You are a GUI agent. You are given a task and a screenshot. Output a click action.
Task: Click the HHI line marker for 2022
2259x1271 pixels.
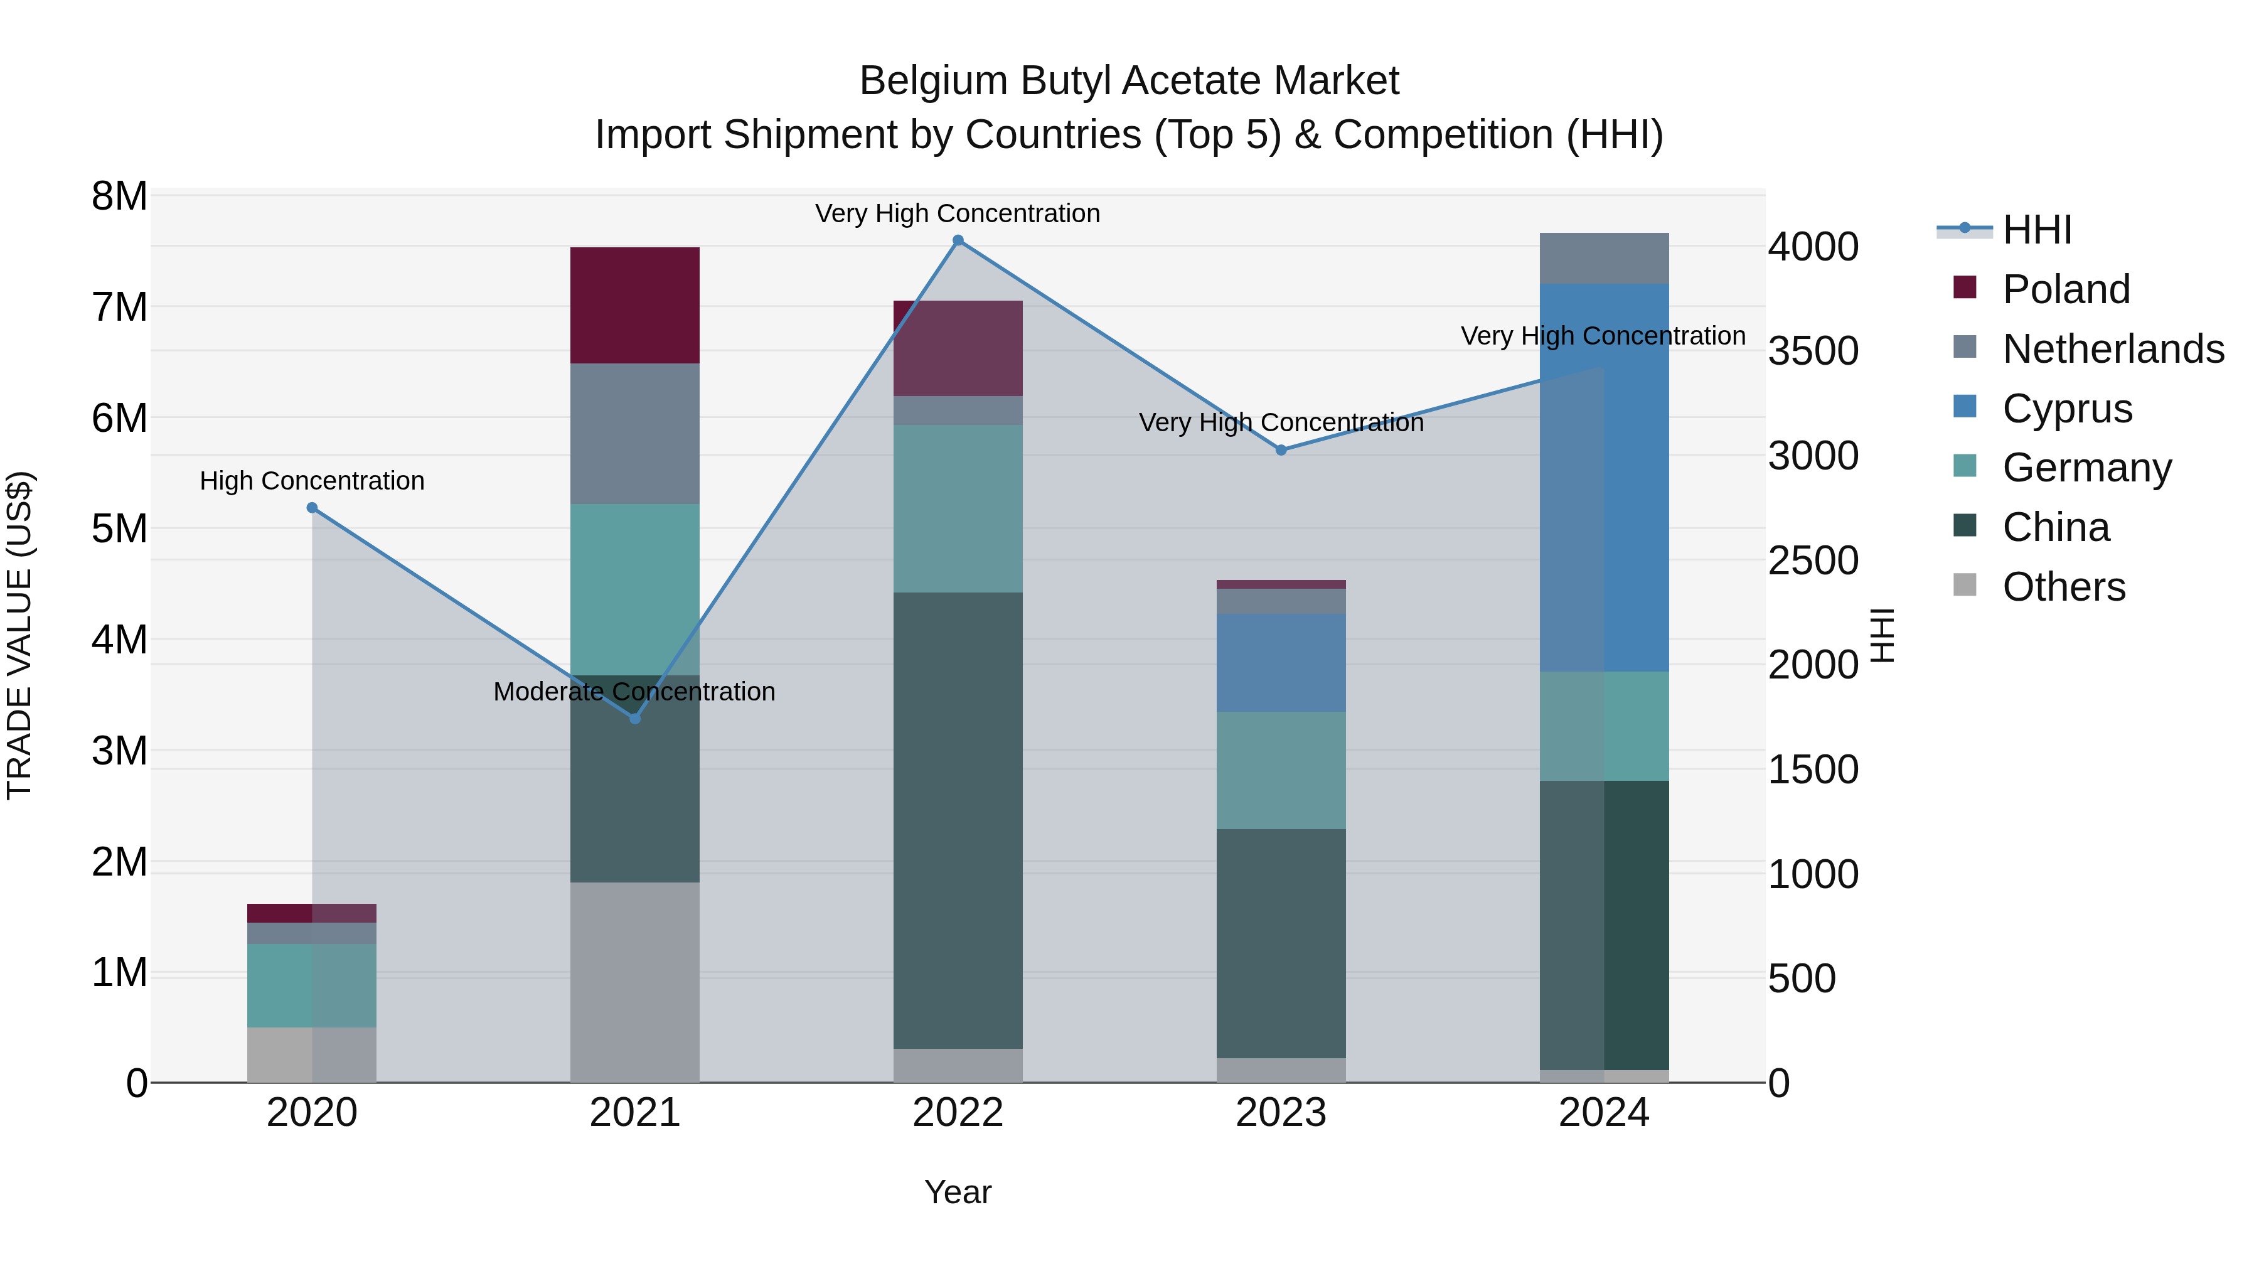[x=958, y=240]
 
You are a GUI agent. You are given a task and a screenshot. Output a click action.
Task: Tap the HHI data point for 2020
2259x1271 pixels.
[x=312, y=508]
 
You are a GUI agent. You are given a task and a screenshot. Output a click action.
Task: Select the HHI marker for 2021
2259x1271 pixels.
[x=635, y=719]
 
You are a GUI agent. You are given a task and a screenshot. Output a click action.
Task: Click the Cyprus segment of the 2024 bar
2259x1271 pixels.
[x=1604, y=478]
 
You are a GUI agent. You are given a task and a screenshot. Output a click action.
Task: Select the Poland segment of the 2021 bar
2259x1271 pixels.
[x=635, y=305]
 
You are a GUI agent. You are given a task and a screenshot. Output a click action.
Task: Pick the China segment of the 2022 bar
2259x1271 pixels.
[x=958, y=820]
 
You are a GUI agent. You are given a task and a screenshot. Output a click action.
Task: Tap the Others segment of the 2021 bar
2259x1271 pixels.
[x=635, y=982]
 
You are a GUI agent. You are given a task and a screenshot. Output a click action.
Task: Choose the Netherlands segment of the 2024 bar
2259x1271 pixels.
[x=1604, y=258]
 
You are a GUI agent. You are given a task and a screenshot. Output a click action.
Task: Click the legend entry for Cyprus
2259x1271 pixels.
[x=2067, y=409]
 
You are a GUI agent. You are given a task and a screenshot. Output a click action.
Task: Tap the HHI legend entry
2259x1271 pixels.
[x=2036, y=230]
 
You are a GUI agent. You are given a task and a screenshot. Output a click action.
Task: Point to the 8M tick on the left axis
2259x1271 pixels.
[x=119, y=196]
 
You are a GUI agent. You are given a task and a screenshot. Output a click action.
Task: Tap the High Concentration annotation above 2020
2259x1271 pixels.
[x=312, y=481]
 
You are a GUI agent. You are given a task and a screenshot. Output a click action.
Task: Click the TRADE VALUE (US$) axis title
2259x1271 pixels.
[x=19, y=635]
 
